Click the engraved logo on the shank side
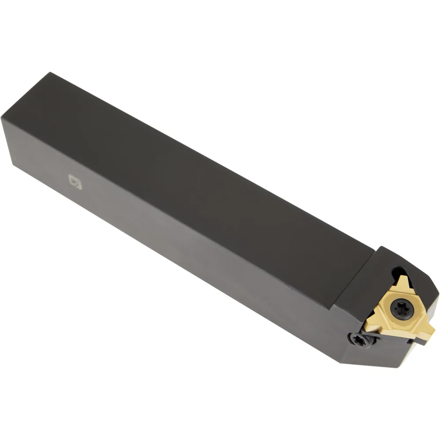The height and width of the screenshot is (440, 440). (x=75, y=182)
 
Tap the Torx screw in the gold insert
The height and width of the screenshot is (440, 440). (x=402, y=309)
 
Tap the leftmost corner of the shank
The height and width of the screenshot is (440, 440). (x=2, y=119)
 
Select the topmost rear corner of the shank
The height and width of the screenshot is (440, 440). (x=50, y=73)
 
